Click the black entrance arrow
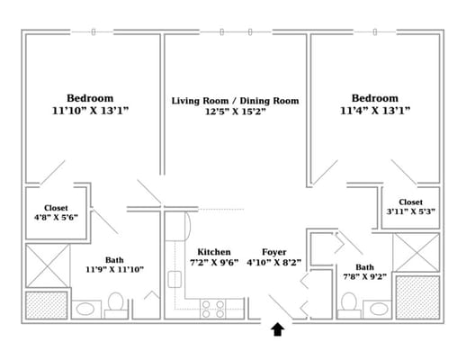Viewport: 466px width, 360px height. click(x=278, y=329)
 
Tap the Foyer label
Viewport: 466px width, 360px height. click(x=274, y=252)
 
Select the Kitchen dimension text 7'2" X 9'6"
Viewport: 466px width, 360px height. click(x=214, y=263)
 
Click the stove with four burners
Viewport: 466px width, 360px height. click(x=213, y=309)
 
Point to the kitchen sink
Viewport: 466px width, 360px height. click(x=175, y=280)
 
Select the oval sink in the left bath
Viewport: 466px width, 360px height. click(x=85, y=309)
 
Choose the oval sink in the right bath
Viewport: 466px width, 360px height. click(x=379, y=309)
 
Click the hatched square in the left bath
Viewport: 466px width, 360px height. click(x=47, y=305)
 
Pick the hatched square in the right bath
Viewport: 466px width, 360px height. click(x=417, y=297)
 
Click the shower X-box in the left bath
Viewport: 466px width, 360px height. click(x=48, y=265)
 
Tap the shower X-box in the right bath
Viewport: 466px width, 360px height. click(x=417, y=253)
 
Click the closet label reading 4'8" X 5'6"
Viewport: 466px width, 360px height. click(x=56, y=217)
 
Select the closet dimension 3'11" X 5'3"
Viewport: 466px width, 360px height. click(x=411, y=211)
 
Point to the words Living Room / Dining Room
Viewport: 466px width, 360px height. click(x=235, y=101)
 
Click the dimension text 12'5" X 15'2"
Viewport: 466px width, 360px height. click(x=236, y=112)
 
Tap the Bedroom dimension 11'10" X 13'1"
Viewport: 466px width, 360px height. click(x=90, y=111)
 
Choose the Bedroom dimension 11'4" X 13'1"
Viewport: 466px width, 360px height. click(x=375, y=111)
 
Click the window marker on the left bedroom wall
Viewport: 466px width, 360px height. click(x=94, y=31)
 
